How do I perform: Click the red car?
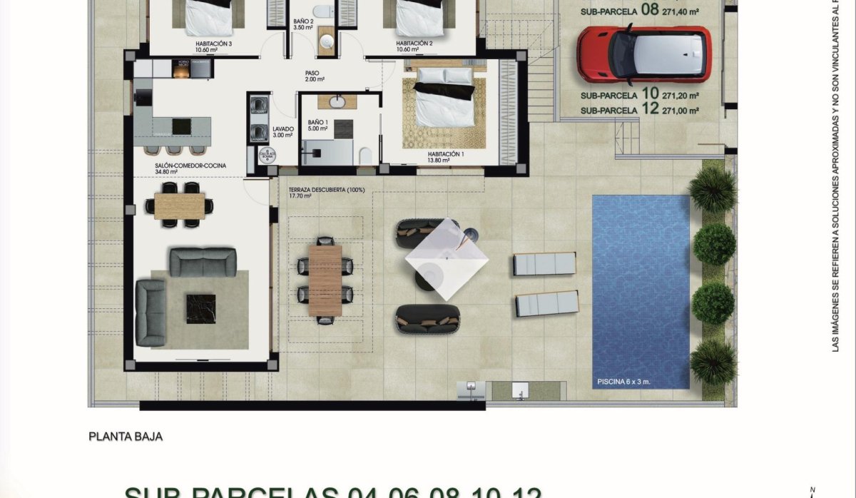pos(643,54)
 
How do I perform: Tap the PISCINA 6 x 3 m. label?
pos(623,382)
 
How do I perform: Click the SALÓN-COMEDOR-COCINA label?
pos(190,166)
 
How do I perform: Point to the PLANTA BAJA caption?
pos(126,435)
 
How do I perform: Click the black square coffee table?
pos(200,308)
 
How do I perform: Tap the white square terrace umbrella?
pos(447,258)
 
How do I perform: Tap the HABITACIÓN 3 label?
pos(214,44)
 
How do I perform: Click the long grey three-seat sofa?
pos(203,262)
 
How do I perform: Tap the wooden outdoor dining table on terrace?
pos(325,280)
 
